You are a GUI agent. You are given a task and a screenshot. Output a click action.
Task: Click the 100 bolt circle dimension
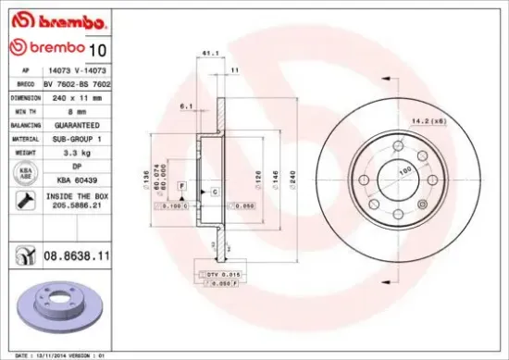(x=403, y=171)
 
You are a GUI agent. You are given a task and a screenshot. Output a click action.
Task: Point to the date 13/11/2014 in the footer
(x=49, y=354)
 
